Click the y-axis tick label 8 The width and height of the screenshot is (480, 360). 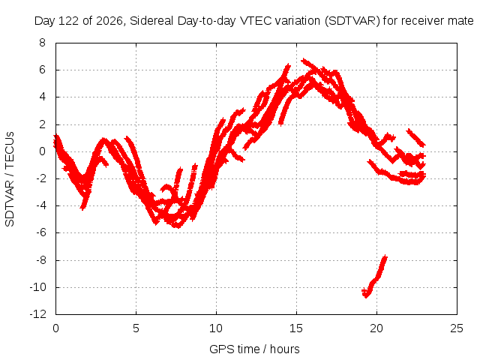pyautogui.click(x=42, y=43)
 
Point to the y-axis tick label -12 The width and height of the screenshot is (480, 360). pyautogui.click(x=38, y=314)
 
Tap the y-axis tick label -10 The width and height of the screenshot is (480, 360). pyautogui.click(x=38, y=287)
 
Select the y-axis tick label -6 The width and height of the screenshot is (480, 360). pyautogui.click(x=40, y=232)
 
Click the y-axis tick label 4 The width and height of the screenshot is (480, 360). pyautogui.click(x=42, y=97)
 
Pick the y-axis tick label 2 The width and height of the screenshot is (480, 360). pyautogui.click(x=42, y=124)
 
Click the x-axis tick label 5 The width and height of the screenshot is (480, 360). pyautogui.click(x=136, y=328)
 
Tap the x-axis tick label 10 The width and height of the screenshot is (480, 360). pyautogui.click(x=216, y=328)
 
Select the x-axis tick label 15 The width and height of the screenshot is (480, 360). pyautogui.click(x=296, y=328)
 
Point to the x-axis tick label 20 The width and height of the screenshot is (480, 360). pyautogui.click(x=376, y=328)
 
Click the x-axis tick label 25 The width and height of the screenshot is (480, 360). pyautogui.click(x=457, y=328)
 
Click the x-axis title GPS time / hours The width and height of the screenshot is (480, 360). pyautogui.click(x=254, y=349)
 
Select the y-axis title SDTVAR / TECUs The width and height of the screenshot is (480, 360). pyautogui.click(x=10, y=179)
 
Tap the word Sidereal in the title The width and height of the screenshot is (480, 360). pyautogui.click(x=152, y=21)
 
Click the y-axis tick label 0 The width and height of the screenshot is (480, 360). pyautogui.click(x=42, y=151)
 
